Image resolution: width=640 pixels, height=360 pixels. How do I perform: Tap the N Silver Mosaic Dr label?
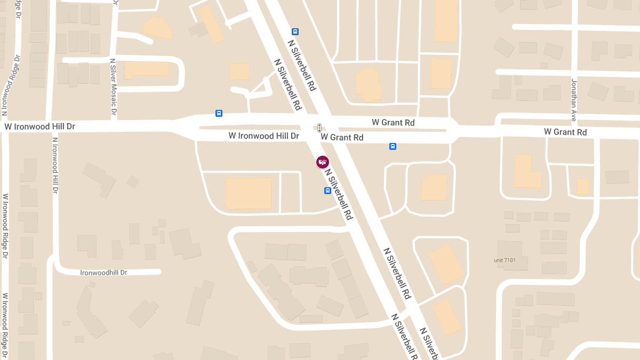click(113, 88)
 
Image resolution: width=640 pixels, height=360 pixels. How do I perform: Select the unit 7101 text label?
click(504, 260)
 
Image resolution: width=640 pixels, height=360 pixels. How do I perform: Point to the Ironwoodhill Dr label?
click(104, 273)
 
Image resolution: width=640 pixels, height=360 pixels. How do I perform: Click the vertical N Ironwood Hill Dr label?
click(55, 165)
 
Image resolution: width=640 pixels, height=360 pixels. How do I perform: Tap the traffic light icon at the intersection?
click(319, 128)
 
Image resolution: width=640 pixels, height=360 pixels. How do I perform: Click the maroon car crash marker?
click(322, 162)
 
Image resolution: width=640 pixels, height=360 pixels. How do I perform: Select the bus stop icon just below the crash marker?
click(327, 190)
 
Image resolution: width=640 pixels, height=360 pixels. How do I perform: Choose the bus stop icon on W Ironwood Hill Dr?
click(219, 113)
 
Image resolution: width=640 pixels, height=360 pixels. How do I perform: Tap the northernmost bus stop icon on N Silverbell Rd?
click(295, 32)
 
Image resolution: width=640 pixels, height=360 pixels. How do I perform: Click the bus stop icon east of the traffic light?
click(393, 146)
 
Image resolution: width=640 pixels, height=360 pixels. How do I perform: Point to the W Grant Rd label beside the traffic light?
click(342, 138)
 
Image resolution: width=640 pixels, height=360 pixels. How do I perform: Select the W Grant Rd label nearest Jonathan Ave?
click(565, 132)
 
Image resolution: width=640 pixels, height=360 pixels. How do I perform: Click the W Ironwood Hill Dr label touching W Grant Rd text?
click(263, 136)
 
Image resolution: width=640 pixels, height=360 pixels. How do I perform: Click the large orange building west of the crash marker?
click(249, 193)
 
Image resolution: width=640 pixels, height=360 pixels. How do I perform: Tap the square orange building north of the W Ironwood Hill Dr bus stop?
click(239, 71)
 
